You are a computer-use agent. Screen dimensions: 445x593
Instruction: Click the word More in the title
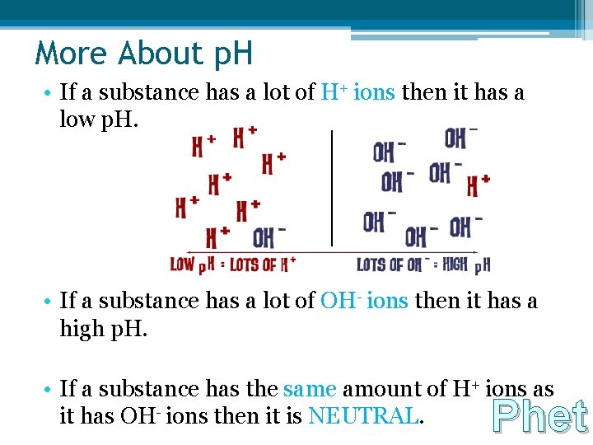72,54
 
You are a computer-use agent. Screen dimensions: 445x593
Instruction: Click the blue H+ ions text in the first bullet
357,93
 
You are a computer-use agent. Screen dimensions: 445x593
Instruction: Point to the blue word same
310,389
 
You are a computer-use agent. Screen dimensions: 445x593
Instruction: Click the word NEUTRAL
363,417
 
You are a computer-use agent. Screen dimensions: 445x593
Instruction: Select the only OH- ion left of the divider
268,238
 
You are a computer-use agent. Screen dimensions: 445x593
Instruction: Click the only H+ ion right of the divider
479,185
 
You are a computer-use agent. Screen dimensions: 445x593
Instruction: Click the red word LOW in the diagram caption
182,265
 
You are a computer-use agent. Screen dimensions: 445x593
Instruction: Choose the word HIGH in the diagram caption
455,265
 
